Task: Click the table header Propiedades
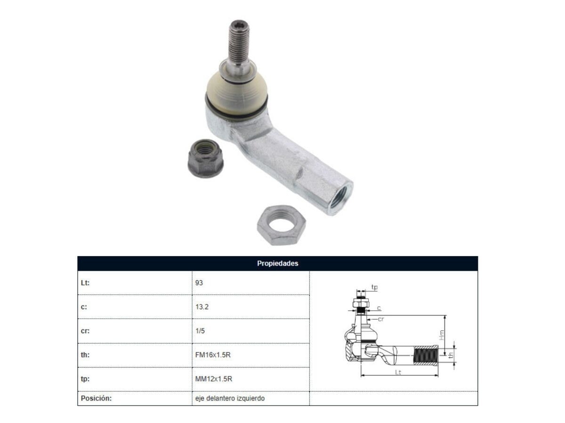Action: coord(277,263)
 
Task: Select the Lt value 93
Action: coord(199,283)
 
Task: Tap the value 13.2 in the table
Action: coord(202,306)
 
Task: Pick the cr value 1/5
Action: coord(200,330)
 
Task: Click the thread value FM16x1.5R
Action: coord(213,355)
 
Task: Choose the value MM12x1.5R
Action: coord(214,379)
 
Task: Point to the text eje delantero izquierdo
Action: coord(230,398)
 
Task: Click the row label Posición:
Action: coord(96,398)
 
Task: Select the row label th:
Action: coord(84,355)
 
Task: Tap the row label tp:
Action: coord(85,379)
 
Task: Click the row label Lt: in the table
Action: coord(85,283)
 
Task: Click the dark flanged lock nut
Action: coord(205,158)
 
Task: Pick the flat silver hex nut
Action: coord(282,225)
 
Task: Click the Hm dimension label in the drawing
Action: coord(442,335)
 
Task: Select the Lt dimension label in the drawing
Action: coord(398,372)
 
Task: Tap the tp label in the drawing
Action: coord(374,287)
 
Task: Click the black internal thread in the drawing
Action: coord(425,355)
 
